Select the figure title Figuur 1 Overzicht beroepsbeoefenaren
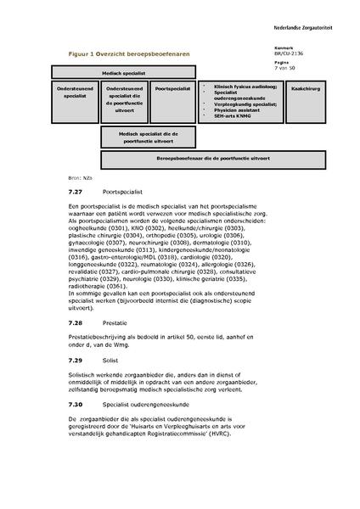point(130,53)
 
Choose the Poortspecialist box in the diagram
point(172,87)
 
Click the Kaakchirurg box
point(302,87)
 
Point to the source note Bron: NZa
point(79,177)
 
